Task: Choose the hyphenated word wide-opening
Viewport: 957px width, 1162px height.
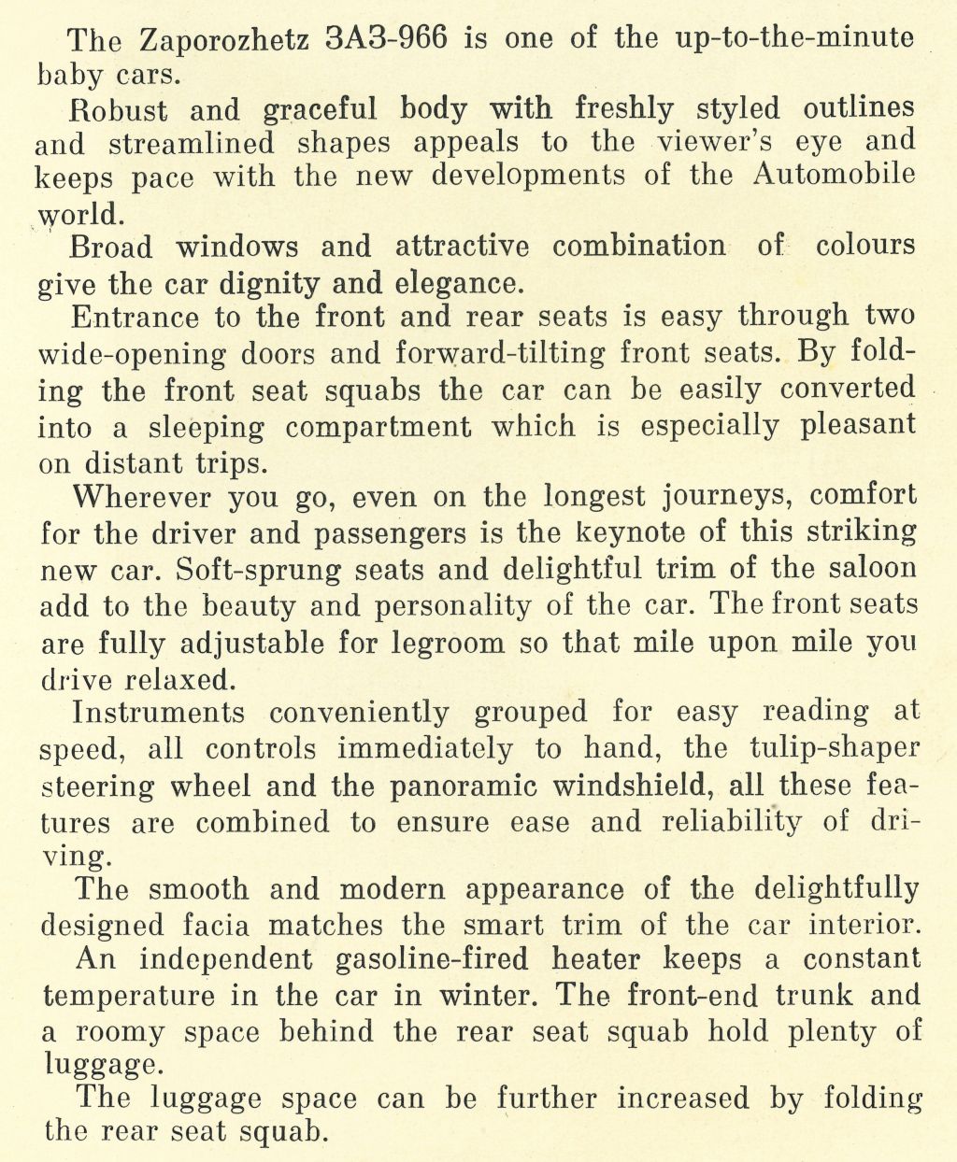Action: (x=133, y=355)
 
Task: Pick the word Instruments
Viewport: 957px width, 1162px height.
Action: (x=159, y=713)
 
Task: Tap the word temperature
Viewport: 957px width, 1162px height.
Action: (x=128, y=997)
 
